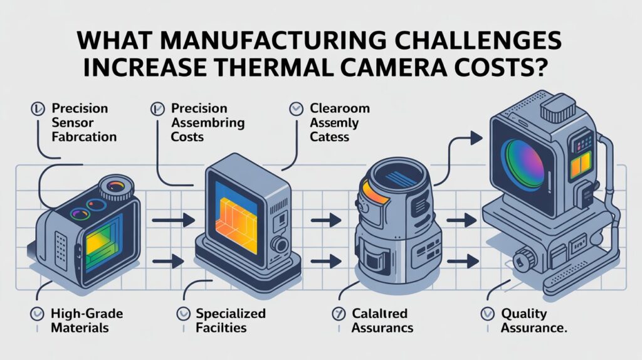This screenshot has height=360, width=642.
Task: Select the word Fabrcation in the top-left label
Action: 85,135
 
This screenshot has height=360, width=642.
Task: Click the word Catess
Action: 329,136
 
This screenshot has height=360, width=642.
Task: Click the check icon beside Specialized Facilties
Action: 182,314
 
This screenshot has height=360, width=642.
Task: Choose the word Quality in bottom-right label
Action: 524,314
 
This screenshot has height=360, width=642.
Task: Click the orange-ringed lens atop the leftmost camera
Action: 117,186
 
